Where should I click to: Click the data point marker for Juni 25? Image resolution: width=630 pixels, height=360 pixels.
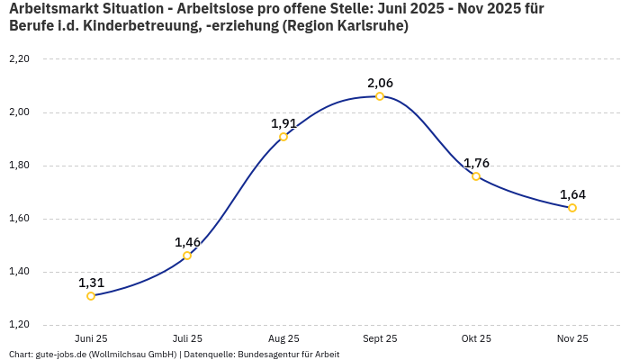coord(91,296)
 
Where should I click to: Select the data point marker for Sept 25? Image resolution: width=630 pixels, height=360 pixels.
coord(380,96)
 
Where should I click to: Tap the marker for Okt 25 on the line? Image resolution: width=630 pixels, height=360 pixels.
coord(476,176)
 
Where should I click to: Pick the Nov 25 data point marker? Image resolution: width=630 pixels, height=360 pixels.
coord(572,208)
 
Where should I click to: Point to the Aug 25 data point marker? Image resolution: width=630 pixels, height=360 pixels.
coord(283,137)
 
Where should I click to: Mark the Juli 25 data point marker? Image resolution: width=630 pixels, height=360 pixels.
coord(187,256)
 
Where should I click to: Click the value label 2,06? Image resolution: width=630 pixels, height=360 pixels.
coord(380,83)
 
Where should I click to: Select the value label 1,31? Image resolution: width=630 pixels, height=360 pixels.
coord(91,283)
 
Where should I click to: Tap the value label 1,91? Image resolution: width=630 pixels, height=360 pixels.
coord(284,123)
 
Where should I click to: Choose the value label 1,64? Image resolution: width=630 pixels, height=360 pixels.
coord(572,194)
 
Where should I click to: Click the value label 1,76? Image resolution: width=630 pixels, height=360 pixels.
coord(476,163)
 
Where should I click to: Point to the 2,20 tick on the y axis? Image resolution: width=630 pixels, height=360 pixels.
coord(19,59)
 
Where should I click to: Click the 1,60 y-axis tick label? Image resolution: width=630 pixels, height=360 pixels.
coord(19,219)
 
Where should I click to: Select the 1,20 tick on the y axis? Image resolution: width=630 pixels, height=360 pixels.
coord(19,325)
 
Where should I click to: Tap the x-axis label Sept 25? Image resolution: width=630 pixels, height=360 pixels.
coord(380,339)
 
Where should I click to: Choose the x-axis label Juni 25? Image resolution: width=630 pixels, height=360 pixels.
coord(91,339)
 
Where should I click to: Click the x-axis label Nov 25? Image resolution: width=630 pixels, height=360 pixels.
coord(572,339)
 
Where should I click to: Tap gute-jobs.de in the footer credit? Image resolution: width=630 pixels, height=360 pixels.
coord(60,355)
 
